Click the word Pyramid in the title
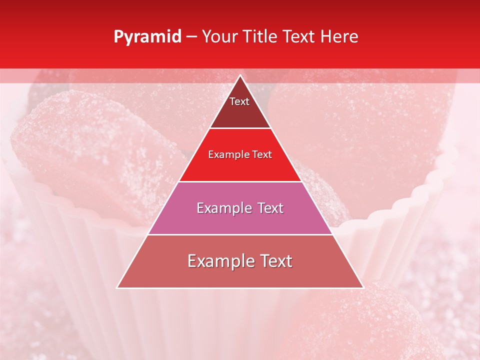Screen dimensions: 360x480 pos(147,37)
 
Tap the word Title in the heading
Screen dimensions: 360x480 pos(262,37)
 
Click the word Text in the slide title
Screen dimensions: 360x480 pos(300,37)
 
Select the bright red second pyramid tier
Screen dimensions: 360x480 pos(240,167)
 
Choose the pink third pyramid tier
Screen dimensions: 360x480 pos(240,220)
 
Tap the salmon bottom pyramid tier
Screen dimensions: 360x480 pos(240,275)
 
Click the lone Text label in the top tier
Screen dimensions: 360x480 pos(239,101)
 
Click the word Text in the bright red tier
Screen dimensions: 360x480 pos(262,154)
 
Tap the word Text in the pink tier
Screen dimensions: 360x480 pos(270,208)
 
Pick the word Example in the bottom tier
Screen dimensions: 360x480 pos(220,261)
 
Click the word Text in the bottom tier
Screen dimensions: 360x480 pos(275,261)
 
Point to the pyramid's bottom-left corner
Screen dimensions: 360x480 pos(117,288)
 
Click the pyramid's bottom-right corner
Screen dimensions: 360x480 pos(363,288)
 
